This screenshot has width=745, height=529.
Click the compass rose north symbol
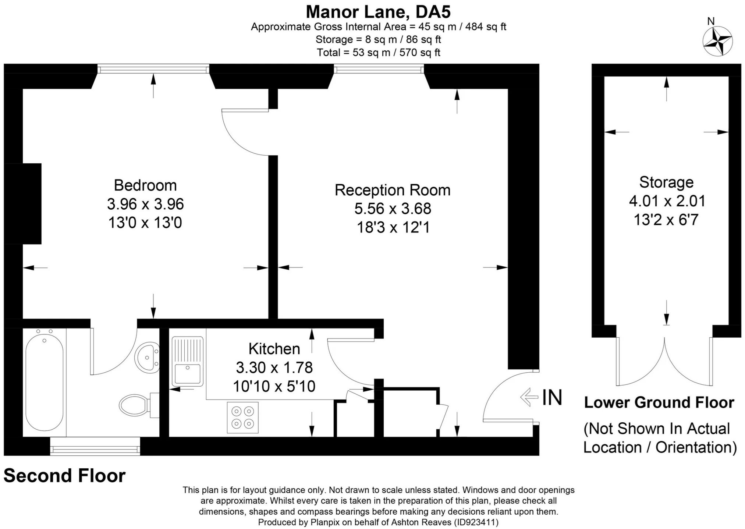point(717,41)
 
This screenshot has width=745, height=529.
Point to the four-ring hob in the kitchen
point(243,418)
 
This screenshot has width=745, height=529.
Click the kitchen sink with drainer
point(188,361)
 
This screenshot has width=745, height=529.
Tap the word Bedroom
point(145,185)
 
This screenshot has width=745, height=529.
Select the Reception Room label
point(393,190)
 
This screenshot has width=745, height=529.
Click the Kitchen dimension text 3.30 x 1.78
point(274,367)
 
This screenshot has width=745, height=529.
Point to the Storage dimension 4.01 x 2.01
point(667,201)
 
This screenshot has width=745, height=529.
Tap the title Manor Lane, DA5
point(378,12)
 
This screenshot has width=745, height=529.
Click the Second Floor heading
point(65,476)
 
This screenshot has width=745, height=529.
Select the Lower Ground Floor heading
point(659,402)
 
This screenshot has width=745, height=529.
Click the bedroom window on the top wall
point(153,68)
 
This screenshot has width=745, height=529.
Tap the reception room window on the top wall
point(379,68)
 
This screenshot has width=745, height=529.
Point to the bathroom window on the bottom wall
point(95,446)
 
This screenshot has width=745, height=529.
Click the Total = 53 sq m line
point(379,53)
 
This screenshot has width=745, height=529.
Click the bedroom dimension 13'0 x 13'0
point(145,223)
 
